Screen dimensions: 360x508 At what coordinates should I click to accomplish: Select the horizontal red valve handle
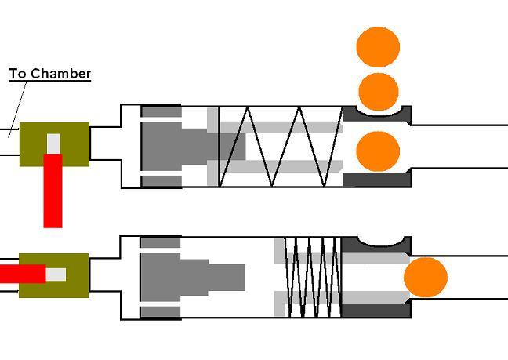click(22, 274)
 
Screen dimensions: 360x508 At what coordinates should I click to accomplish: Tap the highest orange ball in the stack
click(378, 47)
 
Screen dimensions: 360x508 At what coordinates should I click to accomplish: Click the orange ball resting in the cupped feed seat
click(378, 91)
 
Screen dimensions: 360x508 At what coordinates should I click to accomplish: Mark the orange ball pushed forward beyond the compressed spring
click(426, 278)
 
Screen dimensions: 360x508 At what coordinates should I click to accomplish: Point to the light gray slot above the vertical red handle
click(53, 144)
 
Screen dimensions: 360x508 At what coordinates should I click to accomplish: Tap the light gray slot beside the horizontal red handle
click(56, 274)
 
